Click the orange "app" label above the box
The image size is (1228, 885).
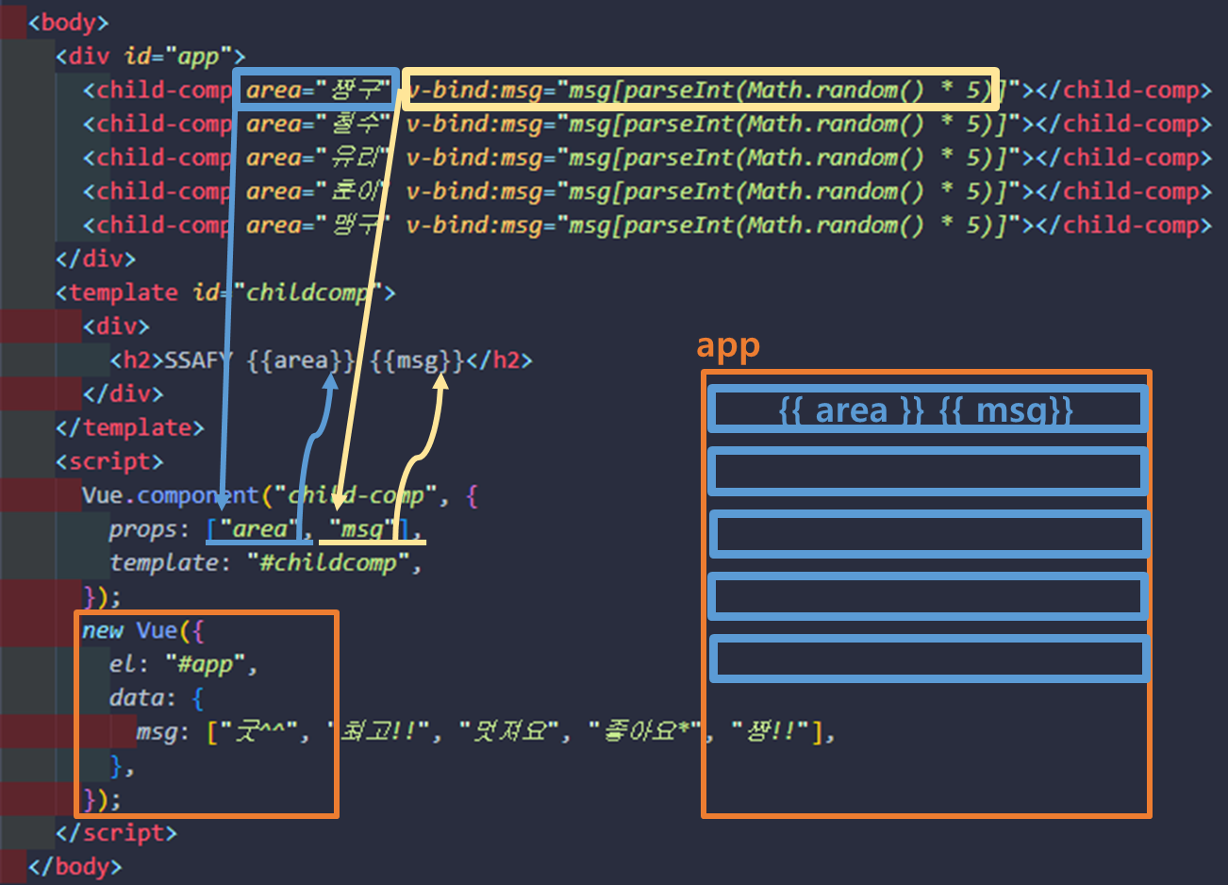(727, 346)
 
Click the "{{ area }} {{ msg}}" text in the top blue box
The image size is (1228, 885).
(926, 410)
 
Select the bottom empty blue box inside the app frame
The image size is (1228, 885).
(929, 659)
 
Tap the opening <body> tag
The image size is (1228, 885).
(68, 23)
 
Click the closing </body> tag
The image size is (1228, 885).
(75, 866)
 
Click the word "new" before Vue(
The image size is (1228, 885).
(102, 630)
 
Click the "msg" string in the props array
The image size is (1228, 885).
(361, 529)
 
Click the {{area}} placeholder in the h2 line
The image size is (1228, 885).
(300, 360)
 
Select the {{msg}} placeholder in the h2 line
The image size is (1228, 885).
(417, 360)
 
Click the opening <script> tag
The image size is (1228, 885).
(109, 461)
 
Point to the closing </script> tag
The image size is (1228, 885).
(116, 832)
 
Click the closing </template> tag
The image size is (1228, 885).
(129, 427)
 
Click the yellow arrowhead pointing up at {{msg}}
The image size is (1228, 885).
(440, 383)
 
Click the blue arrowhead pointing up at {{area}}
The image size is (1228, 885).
(329, 380)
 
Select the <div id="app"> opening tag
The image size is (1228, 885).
(150, 57)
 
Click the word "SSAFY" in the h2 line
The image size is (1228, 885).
(197, 360)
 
